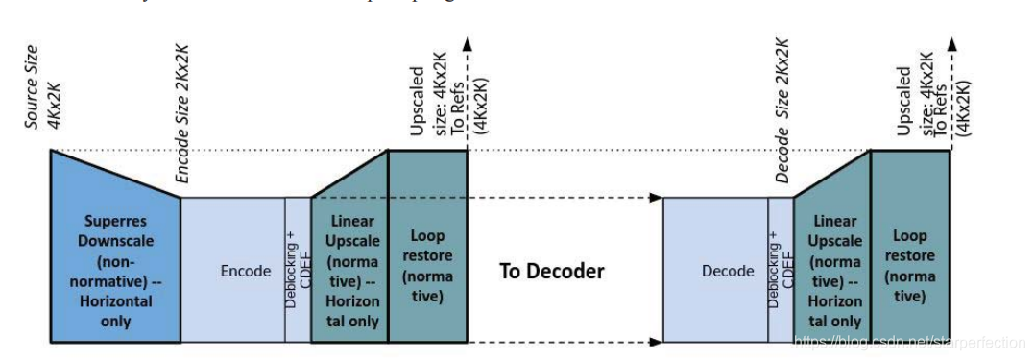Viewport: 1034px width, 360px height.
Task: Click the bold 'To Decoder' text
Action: point(551,272)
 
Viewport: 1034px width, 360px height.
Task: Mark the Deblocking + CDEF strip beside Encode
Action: point(298,272)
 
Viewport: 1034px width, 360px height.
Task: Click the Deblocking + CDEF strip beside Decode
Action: point(781,272)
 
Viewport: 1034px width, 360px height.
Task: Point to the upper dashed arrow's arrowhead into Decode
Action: point(657,198)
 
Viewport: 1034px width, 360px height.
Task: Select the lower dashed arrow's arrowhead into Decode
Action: point(657,341)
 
